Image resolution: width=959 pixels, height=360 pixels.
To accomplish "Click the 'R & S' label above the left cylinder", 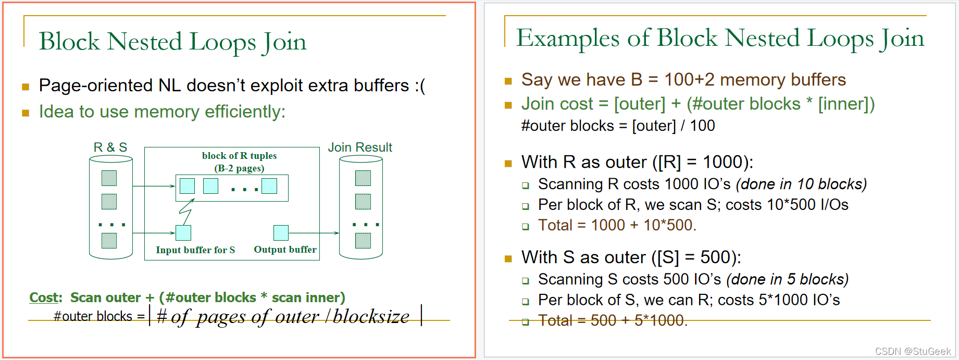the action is click(110, 147).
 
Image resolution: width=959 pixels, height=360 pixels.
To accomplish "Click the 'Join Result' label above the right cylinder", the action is click(360, 147).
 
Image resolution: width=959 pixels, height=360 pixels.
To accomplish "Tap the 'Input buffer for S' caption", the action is click(195, 250).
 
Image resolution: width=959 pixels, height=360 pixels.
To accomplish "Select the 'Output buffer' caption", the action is click(285, 250).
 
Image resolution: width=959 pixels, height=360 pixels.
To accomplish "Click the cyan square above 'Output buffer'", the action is click(281, 232).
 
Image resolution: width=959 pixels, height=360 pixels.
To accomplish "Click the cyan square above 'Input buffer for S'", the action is click(183, 232).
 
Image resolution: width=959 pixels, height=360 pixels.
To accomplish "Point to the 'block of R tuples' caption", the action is click(239, 156).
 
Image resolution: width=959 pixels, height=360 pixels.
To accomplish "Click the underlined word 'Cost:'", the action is click(45, 297).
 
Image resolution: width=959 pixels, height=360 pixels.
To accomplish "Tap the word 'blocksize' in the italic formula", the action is click(371, 316).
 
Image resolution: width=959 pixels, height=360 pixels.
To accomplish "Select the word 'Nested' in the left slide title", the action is click(144, 42).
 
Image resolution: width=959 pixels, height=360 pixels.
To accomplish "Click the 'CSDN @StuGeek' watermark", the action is click(913, 352).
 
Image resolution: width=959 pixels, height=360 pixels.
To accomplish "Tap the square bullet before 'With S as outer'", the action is click(508, 258).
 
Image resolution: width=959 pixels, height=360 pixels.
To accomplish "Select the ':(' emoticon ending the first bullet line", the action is click(420, 85).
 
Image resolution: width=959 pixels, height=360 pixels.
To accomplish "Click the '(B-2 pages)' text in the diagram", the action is click(239, 168).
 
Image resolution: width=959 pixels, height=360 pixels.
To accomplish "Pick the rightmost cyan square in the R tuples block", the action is click(269, 186).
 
